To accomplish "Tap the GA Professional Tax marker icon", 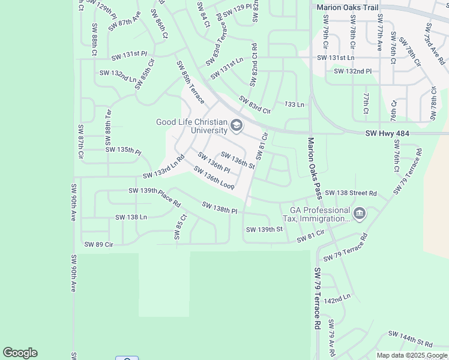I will click(x=360, y=214).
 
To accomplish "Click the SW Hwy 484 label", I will click(x=387, y=134).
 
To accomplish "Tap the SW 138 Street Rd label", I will click(x=351, y=194).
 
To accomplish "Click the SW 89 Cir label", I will click(x=99, y=244).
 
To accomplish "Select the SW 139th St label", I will click(x=264, y=230).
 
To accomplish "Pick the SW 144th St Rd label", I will click(x=411, y=338).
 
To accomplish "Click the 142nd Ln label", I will click(x=337, y=298).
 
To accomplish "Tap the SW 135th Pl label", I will click(x=123, y=149).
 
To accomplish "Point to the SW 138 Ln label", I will click(x=131, y=217).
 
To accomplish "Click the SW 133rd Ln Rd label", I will click(x=163, y=168).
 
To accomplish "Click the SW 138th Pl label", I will click(x=220, y=208).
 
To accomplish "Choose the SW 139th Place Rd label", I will click(x=154, y=196).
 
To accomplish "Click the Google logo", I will click(x=20, y=353).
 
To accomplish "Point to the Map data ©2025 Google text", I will click(x=412, y=355).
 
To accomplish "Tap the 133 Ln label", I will click(x=294, y=104).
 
